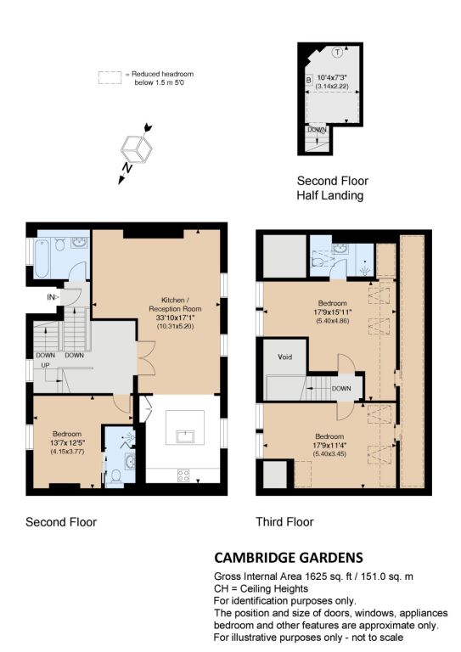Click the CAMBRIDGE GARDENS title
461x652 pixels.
coord(289,557)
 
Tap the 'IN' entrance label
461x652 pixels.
coord(51,297)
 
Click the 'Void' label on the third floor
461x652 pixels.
coord(284,357)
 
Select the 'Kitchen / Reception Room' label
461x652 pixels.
coord(175,305)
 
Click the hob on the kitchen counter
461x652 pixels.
coord(183,475)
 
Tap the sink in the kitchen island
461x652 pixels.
coord(185,436)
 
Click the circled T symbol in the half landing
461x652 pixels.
coord(338,53)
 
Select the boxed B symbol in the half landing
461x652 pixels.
coord(308,80)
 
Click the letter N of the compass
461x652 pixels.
coord(127,167)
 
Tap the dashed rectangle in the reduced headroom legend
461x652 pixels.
coord(110,78)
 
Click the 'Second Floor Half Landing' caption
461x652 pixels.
coord(332,188)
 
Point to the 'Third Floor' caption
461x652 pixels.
coord(284,522)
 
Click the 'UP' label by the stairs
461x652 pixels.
coord(45,365)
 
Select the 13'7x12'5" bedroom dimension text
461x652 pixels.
coord(67,442)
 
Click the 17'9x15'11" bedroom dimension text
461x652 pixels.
coord(333,312)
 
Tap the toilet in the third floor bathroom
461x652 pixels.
coord(318,261)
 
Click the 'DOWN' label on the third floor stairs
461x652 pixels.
coord(341,388)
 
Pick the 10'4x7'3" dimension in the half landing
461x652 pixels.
coord(332,77)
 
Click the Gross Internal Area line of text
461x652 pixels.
coord(313,576)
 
